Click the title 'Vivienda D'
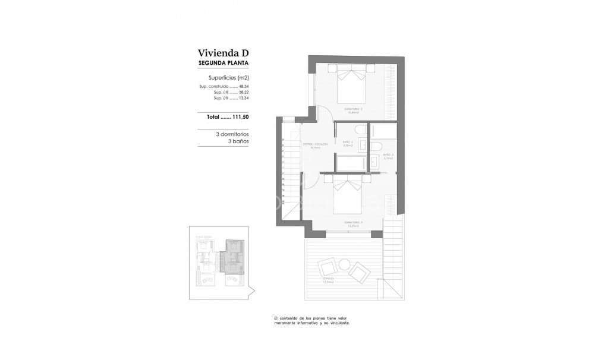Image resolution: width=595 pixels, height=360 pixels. pos(223,53)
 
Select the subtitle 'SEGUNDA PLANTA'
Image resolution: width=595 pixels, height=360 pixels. pos(223,63)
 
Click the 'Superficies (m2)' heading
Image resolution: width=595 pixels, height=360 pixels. pos(228,78)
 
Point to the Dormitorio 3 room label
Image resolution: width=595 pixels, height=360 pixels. pos(353,223)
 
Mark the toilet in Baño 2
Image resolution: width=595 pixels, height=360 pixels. pos(360,130)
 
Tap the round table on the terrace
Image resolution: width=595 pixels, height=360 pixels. pos(344,264)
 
